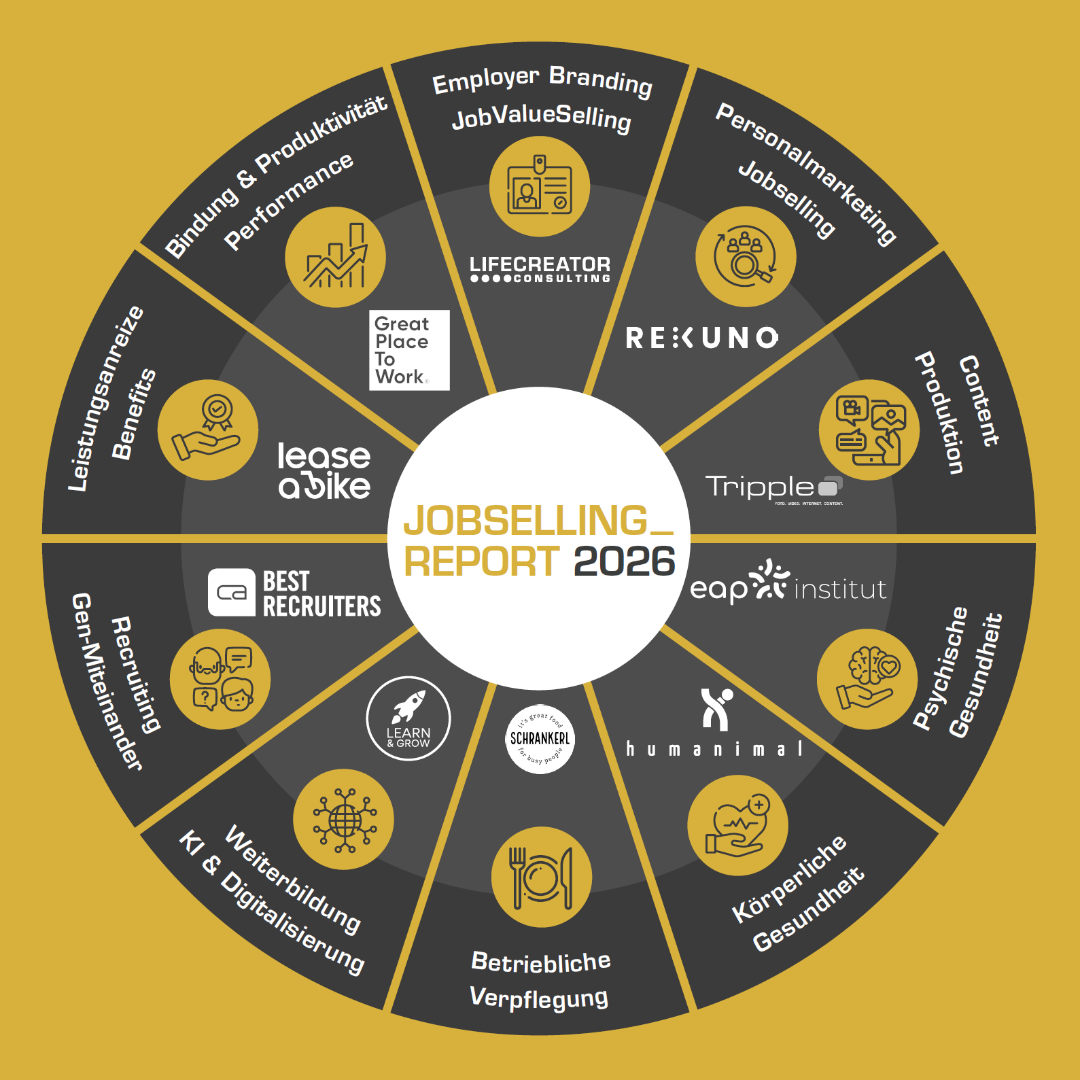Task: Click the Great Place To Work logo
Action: click(x=409, y=350)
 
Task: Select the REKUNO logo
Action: click(x=702, y=338)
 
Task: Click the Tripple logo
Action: click(x=773, y=488)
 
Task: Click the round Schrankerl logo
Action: click(x=540, y=739)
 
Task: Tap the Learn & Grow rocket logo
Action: click(x=408, y=718)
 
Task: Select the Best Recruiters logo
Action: click(x=295, y=593)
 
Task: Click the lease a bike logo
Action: click(x=324, y=471)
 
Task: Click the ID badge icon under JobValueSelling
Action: click(x=540, y=187)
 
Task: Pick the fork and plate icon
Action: click(x=542, y=877)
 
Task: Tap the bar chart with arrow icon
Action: click(x=335, y=257)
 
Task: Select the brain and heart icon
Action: click(x=867, y=679)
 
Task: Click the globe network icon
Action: click(x=344, y=820)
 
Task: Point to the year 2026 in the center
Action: click(x=624, y=561)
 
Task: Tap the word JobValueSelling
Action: click(x=542, y=118)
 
